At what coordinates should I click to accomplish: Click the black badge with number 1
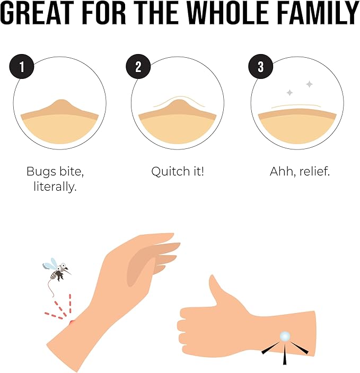pyautogui.click(x=21, y=67)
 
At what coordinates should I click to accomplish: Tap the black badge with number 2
pyautogui.click(x=138, y=67)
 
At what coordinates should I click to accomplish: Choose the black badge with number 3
pyautogui.click(x=260, y=67)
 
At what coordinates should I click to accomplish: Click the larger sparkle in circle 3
pyautogui.click(x=309, y=84)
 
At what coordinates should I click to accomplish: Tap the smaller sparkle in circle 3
pyautogui.click(x=289, y=93)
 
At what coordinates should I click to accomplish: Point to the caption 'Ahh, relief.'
pyautogui.click(x=300, y=172)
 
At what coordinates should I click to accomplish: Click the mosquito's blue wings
pyautogui.click(x=51, y=264)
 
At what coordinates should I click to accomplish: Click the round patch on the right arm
pyautogui.click(x=285, y=336)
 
